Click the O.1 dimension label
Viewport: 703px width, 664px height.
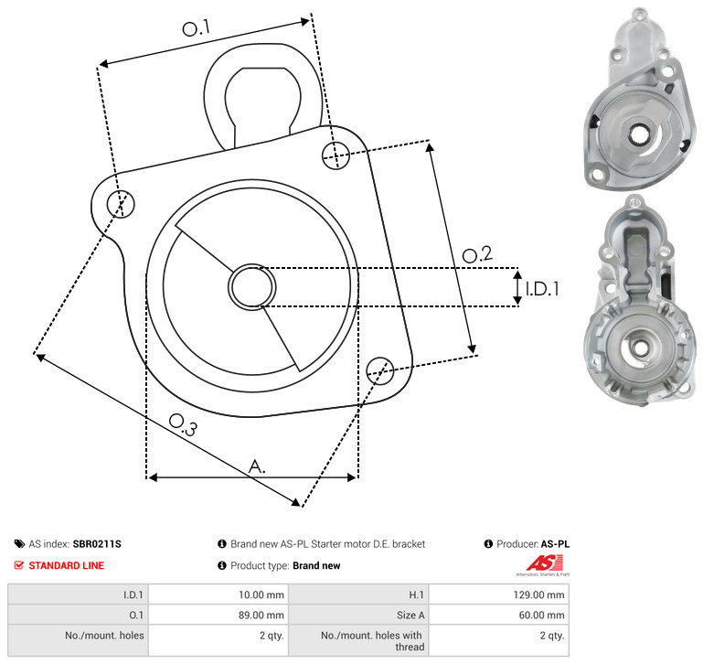(197, 28)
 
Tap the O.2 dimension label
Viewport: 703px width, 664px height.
(477, 254)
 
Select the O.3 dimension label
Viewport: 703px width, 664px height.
(183, 424)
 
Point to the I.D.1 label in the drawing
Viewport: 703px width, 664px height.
(542, 289)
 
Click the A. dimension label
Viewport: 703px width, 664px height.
(257, 466)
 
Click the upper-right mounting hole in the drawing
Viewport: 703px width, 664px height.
(336, 155)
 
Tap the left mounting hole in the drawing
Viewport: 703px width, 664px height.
(121, 204)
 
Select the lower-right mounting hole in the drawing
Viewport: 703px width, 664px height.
(380, 370)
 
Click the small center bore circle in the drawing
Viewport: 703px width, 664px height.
(252, 286)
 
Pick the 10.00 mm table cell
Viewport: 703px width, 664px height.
(261, 594)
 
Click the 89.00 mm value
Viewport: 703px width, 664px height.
(261, 616)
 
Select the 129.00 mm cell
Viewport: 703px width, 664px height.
(539, 594)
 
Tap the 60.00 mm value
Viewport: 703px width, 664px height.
(541, 616)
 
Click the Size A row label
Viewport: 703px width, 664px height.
(410, 616)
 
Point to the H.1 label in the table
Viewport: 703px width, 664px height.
(417, 594)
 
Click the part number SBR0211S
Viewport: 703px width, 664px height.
(97, 544)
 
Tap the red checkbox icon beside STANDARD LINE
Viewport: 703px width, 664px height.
(19, 565)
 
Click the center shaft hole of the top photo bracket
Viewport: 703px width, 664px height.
(637, 134)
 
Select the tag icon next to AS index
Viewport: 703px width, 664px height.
(19, 544)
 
